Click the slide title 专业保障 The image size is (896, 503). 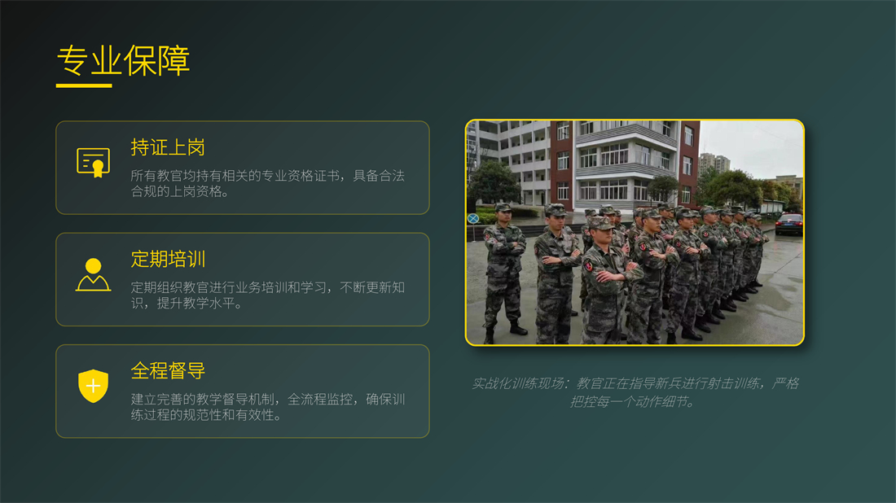pos(123,60)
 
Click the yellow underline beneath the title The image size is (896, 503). pos(84,85)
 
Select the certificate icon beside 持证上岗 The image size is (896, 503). pos(93,163)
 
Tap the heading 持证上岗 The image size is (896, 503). pos(168,147)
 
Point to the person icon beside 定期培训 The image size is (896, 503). pos(93,274)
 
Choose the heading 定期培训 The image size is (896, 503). pos(168,259)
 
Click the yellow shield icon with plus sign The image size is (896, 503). pos(93,386)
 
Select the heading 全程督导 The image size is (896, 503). pos(168,370)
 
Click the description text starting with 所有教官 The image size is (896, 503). pos(267,183)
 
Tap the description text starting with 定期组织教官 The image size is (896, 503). pos(267,295)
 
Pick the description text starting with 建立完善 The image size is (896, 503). pos(267,406)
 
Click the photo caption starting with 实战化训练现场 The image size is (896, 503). pos(635,392)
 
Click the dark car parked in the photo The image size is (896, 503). pos(789,224)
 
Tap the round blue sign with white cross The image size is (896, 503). pos(473,219)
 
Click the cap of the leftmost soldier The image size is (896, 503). pos(503,208)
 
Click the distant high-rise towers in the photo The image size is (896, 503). pos(714,162)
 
